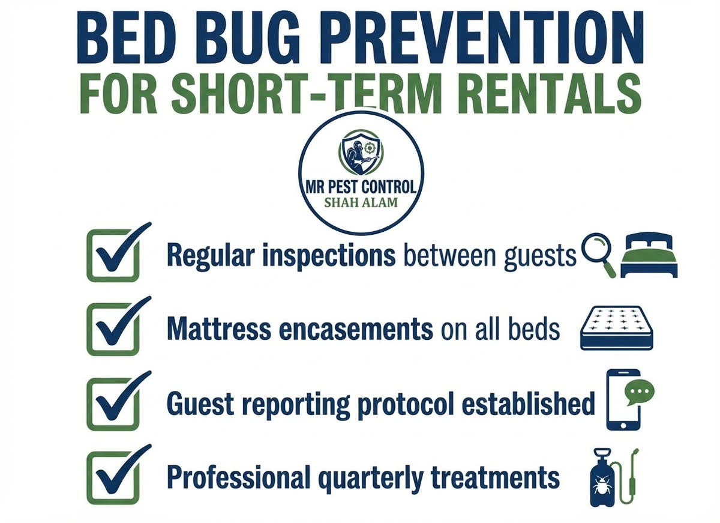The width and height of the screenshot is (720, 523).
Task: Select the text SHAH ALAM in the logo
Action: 361,202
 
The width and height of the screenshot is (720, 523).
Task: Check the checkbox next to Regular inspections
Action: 113,256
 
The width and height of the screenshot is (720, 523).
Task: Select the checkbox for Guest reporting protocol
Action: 113,404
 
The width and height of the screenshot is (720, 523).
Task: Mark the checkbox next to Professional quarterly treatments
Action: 113,478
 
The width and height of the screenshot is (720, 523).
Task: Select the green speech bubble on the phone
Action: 639,392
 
